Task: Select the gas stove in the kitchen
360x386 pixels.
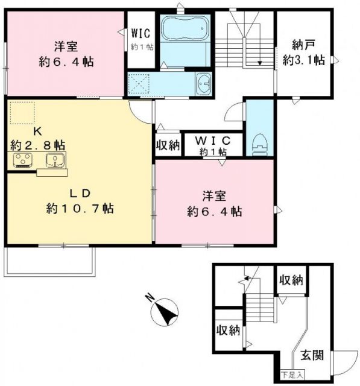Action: click(24, 161)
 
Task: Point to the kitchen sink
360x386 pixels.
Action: click(56, 161)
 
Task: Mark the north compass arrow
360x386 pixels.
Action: click(166, 311)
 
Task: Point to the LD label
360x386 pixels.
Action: click(78, 194)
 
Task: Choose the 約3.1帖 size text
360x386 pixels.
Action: click(305, 60)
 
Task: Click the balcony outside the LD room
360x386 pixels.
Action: click(50, 261)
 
